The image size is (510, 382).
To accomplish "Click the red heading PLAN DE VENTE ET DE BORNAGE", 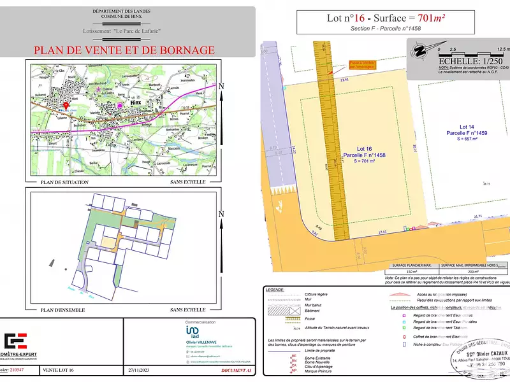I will point(124,50).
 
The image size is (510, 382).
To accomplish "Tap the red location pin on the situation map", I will point(66,106).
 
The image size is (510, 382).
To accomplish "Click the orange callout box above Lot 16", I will point(362,64).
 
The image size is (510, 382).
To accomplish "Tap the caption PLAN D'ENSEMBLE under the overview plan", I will point(64,310).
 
